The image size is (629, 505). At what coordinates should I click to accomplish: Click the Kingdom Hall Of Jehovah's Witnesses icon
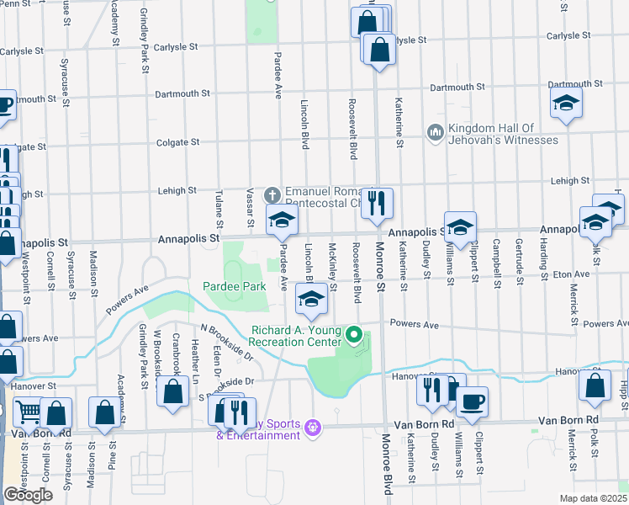(436, 133)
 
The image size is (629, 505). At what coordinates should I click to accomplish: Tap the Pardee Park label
(235, 286)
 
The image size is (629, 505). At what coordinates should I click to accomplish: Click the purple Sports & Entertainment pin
(313, 428)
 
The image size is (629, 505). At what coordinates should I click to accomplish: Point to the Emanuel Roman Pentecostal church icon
(272, 194)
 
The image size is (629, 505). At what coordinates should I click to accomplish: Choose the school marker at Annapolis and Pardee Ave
(283, 221)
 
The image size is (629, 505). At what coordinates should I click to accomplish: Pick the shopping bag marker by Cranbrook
(173, 392)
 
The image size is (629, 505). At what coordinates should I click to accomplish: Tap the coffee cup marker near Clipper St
(472, 401)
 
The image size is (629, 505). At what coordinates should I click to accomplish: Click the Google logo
(28, 495)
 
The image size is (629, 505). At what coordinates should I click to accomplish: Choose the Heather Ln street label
(195, 357)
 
